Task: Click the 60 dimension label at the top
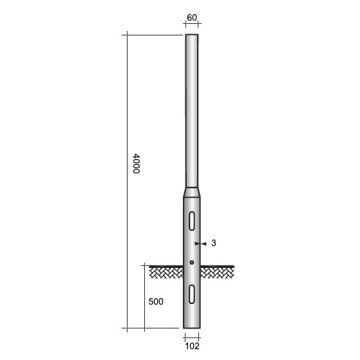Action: [x=191, y=17]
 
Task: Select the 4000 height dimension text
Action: [x=136, y=163]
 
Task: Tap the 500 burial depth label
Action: [x=155, y=301]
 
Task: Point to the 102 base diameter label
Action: [x=191, y=346]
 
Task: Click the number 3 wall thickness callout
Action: [x=213, y=243]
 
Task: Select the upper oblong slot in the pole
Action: [x=192, y=220]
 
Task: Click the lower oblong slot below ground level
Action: [x=192, y=294]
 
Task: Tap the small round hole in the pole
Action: [x=192, y=263]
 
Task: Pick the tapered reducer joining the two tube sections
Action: [x=192, y=192]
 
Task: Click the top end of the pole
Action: [x=192, y=36]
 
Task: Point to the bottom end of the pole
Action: [x=192, y=328]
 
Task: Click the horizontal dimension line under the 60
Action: [x=191, y=24]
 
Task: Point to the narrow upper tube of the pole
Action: [x=192, y=109]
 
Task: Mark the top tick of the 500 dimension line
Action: [x=144, y=265]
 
